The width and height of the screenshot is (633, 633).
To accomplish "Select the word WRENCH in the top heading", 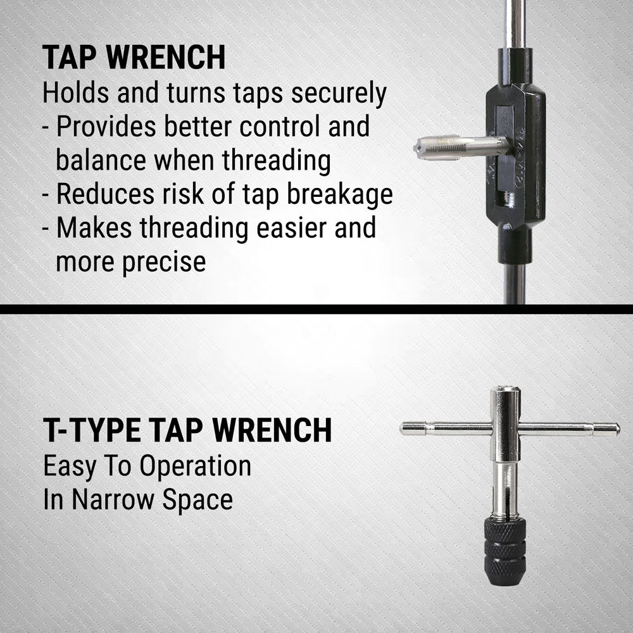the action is pyautogui.click(x=165, y=58).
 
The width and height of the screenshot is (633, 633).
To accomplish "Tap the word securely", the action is pyautogui.click(x=339, y=94).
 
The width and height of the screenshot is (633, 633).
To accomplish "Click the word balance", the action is pyautogui.click(x=101, y=160).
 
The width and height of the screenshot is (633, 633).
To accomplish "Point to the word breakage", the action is pyautogui.click(x=340, y=194).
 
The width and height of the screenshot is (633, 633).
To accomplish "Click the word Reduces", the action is pyautogui.click(x=105, y=194).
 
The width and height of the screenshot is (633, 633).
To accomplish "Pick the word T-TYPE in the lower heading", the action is pyautogui.click(x=92, y=430).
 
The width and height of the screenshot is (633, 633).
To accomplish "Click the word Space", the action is pyautogui.click(x=197, y=501).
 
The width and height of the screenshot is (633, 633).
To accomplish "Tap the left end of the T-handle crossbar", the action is pyautogui.click(x=401, y=429).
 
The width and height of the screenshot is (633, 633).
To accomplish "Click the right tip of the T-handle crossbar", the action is pyautogui.click(x=618, y=429).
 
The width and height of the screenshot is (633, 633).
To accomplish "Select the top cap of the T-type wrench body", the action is pyautogui.click(x=505, y=389).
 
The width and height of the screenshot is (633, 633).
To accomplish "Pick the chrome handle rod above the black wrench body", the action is pyautogui.click(x=515, y=24).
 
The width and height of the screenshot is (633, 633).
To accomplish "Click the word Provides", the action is pyautogui.click(x=106, y=127).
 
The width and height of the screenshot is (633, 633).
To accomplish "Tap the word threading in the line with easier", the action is pyautogui.click(x=194, y=229).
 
